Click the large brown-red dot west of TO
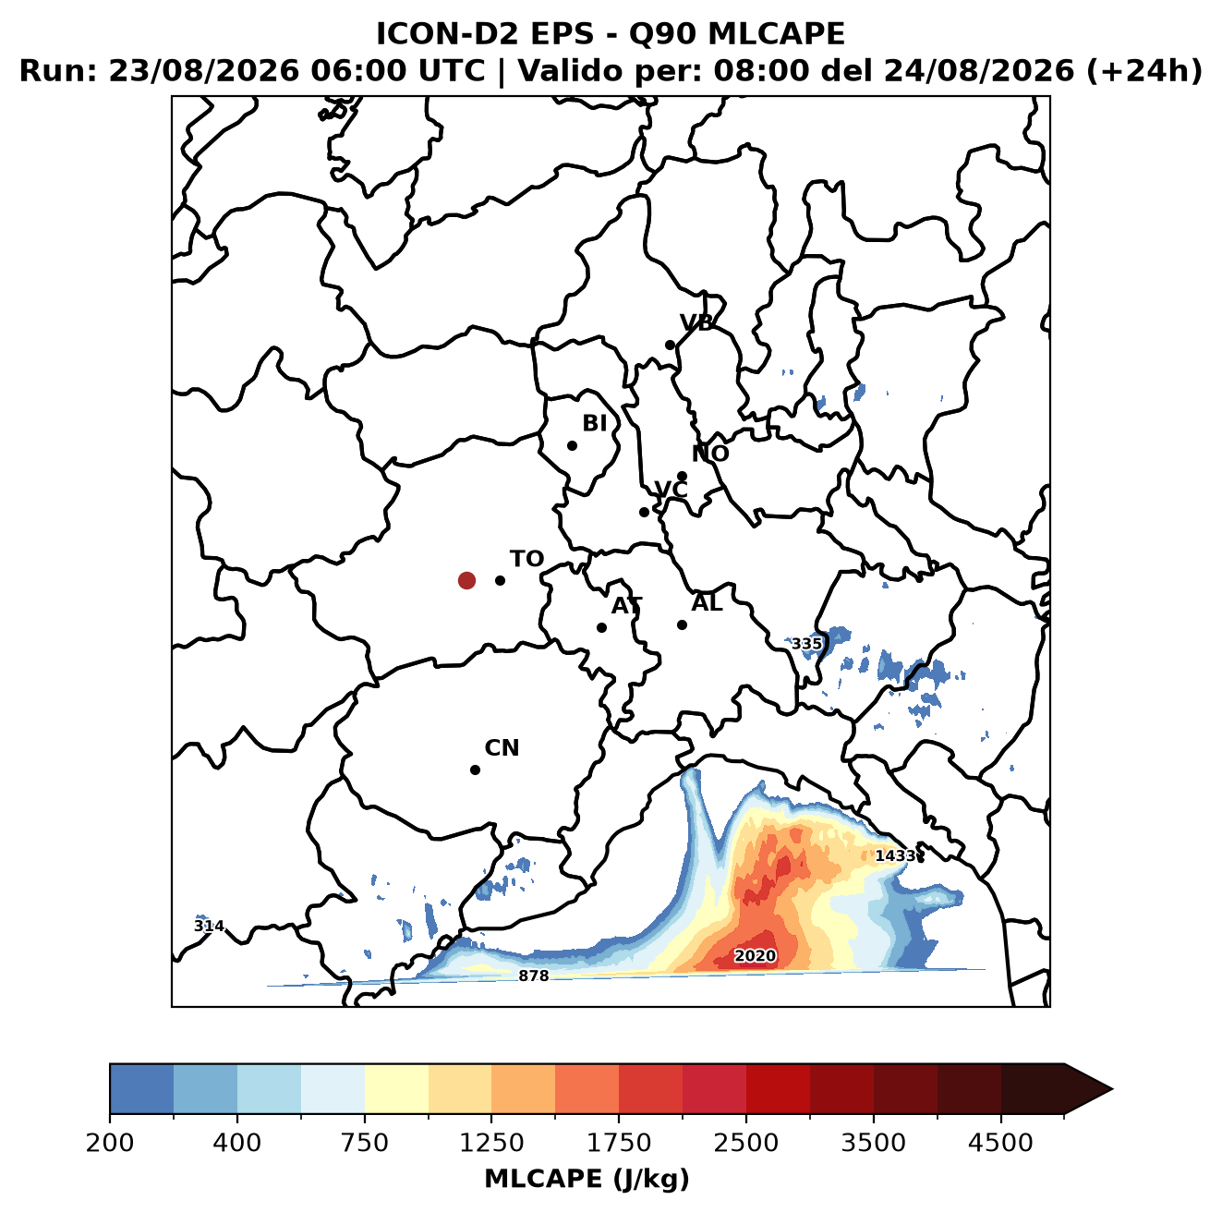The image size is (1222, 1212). point(466,580)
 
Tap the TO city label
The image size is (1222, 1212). point(527,559)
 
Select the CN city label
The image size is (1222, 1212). point(502,748)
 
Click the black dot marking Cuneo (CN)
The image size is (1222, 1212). point(475,770)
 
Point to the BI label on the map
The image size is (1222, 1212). point(595,423)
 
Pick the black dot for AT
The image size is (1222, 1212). point(601,627)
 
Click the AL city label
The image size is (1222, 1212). point(708,602)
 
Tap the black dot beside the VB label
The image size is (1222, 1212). point(670,345)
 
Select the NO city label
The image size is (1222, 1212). point(710,454)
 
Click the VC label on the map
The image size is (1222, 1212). point(671,489)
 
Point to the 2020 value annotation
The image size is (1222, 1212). point(755,956)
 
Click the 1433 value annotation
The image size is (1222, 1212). point(895,855)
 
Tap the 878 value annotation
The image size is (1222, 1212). point(533,976)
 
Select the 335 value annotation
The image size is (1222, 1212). point(806,644)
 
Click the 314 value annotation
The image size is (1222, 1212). point(209,926)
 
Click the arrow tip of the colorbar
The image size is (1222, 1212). point(1112,1089)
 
